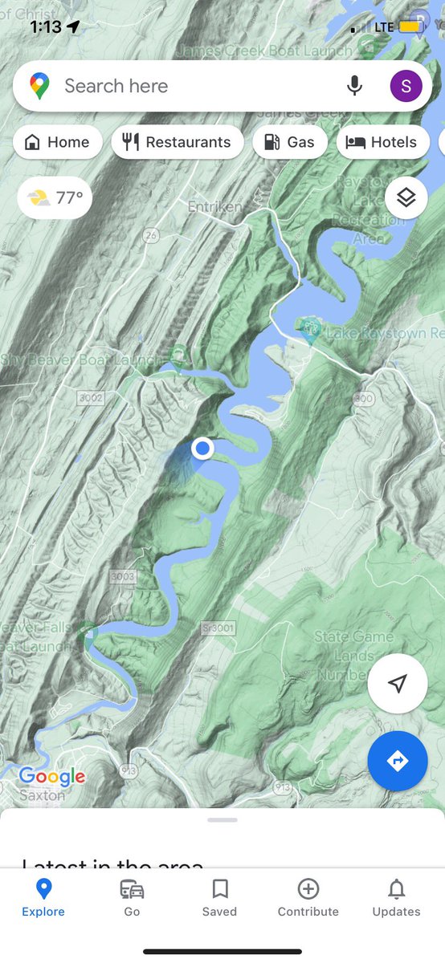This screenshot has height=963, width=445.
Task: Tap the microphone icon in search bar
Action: tap(354, 86)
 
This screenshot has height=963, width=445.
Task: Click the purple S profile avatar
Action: tap(406, 86)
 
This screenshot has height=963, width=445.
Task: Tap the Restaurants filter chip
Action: tap(177, 143)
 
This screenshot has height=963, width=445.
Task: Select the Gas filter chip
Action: tap(289, 143)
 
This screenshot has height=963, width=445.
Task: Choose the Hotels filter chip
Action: tap(382, 143)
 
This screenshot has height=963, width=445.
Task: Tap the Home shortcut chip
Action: tap(57, 143)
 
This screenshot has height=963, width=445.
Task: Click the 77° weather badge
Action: tap(55, 197)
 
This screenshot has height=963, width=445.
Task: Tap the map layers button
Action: tap(406, 197)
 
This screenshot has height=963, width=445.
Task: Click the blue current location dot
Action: tap(202, 448)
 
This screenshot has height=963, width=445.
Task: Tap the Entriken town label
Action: tap(214, 207)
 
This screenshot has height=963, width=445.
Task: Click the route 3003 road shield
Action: tap(123, 576)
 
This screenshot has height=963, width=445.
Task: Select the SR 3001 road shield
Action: tap(218, 627)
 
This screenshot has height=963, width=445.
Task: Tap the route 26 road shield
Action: tap(150, 235)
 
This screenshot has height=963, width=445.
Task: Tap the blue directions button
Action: tap(398, 760)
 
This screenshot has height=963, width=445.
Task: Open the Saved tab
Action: tap(219, 897)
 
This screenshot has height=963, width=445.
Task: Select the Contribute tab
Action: tap(308, 897)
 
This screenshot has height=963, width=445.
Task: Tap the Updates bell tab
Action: tap(396, 897)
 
